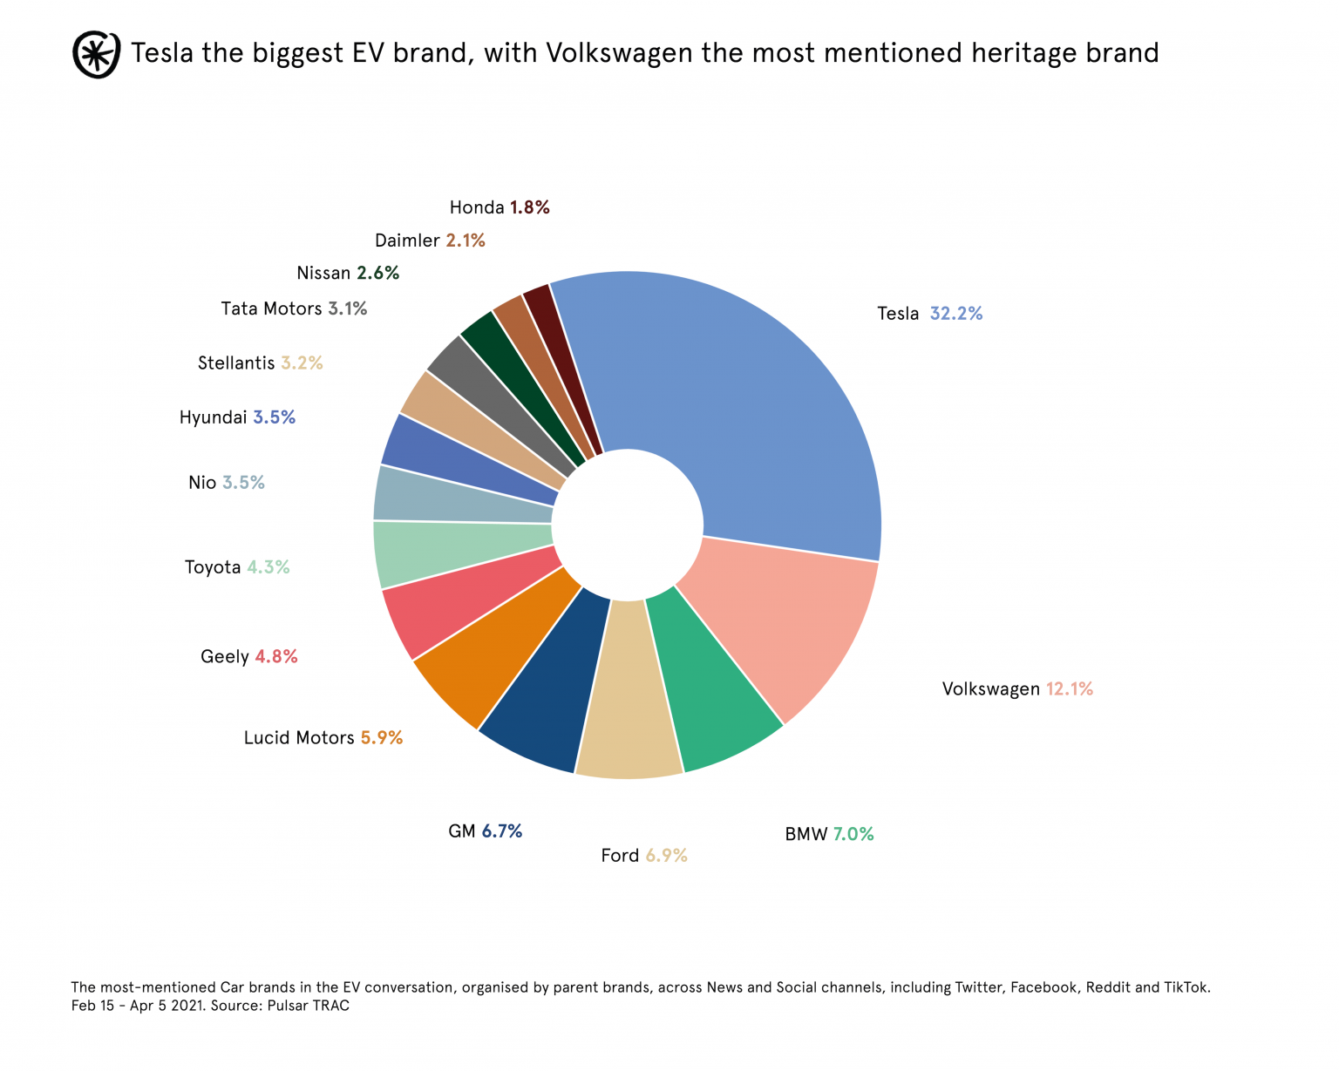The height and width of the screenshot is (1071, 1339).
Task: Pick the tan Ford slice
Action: click(x=628, y=706)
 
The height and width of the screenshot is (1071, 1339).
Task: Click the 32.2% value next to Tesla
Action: click(x=955, y=314)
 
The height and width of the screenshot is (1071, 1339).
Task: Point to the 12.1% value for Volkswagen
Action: click(x=1069, y=689)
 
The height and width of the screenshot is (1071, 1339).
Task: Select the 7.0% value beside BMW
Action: click(x=853, y=834)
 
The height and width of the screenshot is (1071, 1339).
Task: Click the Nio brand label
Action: click(x=202, y=483)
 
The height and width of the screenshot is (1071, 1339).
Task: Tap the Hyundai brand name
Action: click(x=214, y=417)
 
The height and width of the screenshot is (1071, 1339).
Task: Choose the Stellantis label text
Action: click(x=236, y=363)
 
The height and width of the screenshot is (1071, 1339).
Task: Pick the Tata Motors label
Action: click(x=271, y=308)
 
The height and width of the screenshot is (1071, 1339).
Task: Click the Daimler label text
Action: click(x=407, y=241)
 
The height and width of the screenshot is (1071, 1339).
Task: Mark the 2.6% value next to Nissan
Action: click(x=377, y=273)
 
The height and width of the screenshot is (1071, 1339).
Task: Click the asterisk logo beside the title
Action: click(x=96, y=54)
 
